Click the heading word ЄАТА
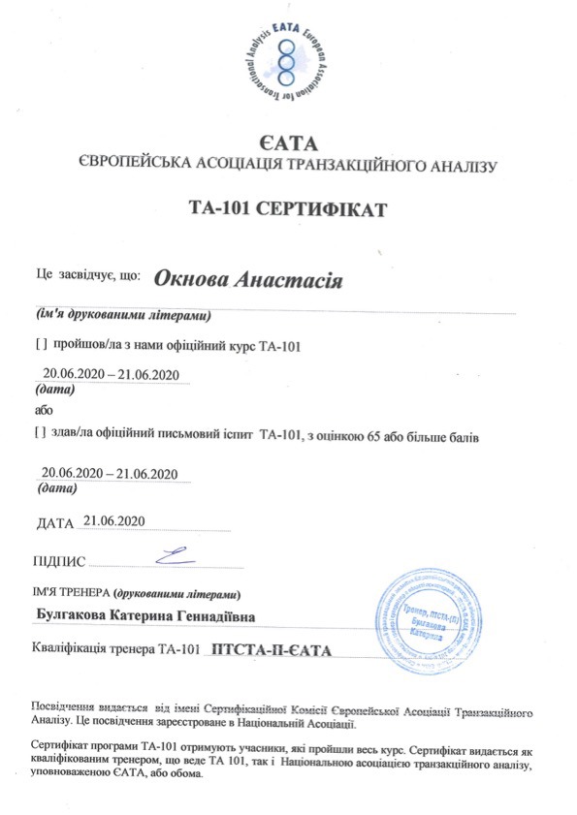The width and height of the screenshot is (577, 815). [x=287, y=146]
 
